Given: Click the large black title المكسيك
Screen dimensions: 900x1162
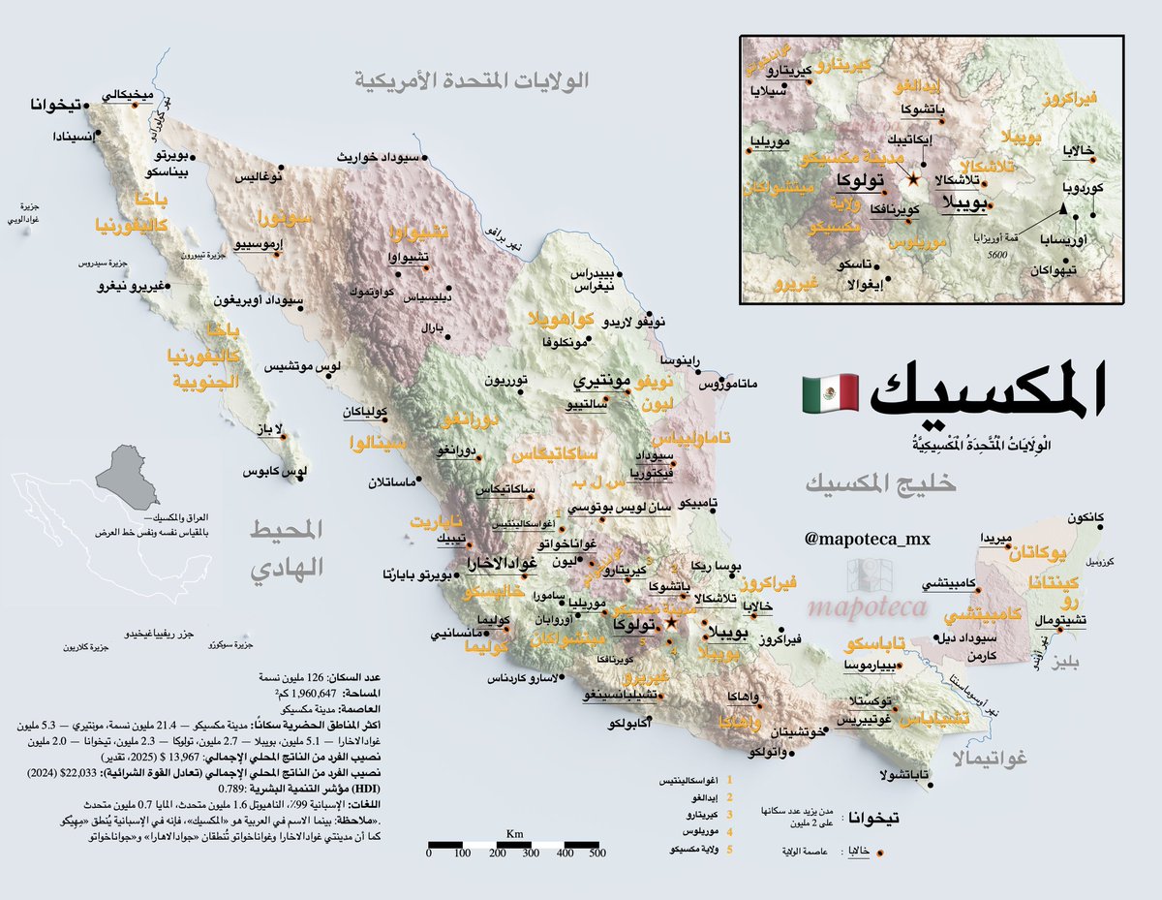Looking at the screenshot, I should [x=988, y=392].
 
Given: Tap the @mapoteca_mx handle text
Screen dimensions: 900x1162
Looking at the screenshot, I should [x=867, y=537].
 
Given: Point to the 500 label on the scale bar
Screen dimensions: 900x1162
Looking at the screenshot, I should [x=596, y=853].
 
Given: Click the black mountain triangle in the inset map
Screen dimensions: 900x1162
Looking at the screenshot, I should [x=1062, y=208].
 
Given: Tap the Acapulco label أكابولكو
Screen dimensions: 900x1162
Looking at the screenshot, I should [x=628, y=724].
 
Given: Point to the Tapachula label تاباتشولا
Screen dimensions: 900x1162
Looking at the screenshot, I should [x=906, y=774].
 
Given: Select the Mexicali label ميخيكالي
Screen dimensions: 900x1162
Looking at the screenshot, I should [x=128, y=95].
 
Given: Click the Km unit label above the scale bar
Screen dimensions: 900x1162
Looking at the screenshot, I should [x=513, y=834].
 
